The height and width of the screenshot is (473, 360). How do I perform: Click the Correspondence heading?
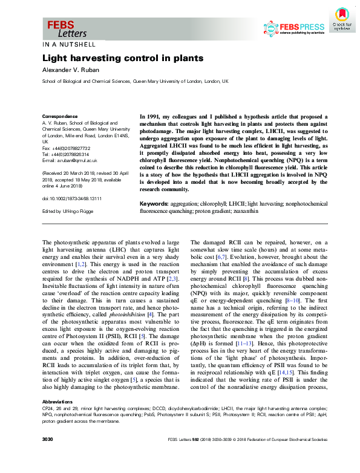(x=59, y=116)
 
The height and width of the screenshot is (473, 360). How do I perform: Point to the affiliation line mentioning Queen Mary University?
(x=135, y=81)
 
